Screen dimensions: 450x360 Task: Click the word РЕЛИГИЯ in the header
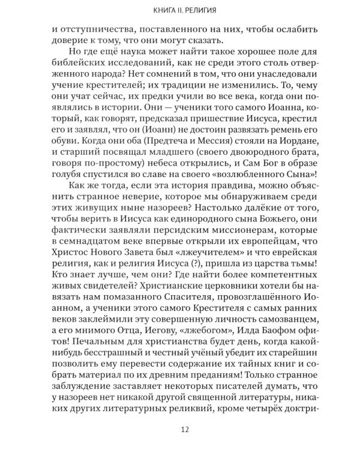point(193,9)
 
